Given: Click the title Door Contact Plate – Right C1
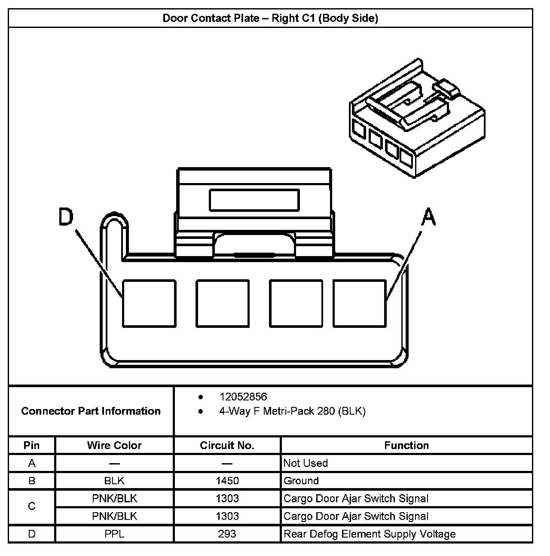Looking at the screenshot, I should [x=270, y=18].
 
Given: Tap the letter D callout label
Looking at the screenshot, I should [x=66, y=217].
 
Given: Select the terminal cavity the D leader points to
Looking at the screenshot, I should [x=149, y=303].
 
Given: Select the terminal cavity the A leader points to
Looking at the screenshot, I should [x=359, y=303].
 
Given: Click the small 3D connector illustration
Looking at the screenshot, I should [x=417, y=118].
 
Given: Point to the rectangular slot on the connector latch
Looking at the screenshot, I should [x=254, y=200].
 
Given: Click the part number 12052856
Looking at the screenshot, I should [x=243, y=397].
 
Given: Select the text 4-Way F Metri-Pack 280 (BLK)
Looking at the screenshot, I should [x=292, y=411].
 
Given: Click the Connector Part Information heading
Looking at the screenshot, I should [x=91, y=411].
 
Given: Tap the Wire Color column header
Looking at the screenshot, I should [x=114, y=446].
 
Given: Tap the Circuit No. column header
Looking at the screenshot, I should [x=227, y=446].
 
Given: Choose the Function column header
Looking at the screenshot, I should [x=406, y=446].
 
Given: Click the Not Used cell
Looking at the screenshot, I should [x=306, y=463].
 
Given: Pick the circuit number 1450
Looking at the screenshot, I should [x=227, y=481].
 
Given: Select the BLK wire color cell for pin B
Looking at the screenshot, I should [x=114, y=481].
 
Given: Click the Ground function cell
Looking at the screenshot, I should [x=301, y=481].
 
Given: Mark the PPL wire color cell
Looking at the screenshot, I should [x=114, y=534].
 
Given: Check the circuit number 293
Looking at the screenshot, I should [x=227, y=534].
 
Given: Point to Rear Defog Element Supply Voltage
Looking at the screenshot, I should [x=370, y=534].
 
